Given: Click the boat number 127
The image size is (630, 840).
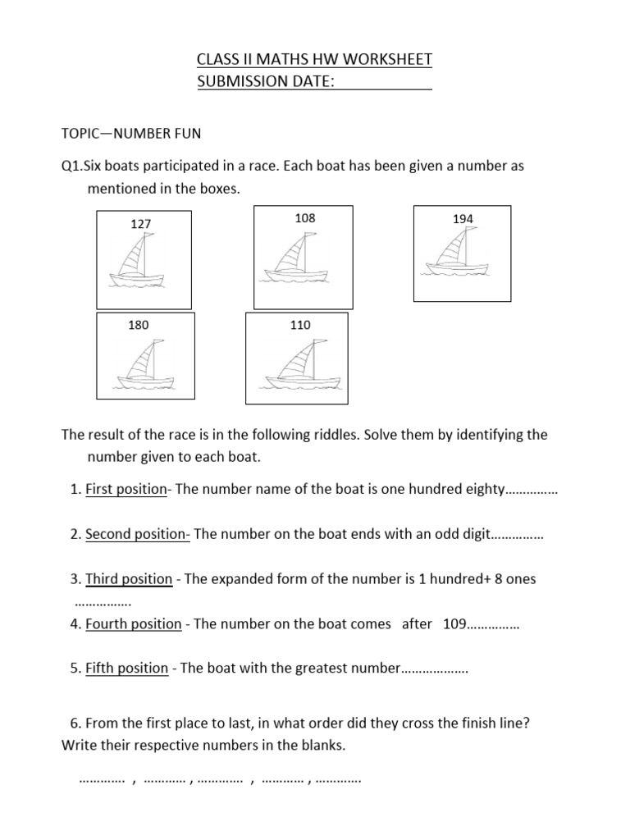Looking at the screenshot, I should tap(140, 224).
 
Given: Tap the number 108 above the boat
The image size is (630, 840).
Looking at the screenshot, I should tap(304, 218).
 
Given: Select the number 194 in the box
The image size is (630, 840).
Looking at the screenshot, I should tap(463, 219).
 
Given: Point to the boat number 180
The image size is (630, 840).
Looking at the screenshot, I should tap(139, 325).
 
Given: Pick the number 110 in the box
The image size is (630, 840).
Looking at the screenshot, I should tap(300, 325).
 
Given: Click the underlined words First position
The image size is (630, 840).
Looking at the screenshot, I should tap(126, 490).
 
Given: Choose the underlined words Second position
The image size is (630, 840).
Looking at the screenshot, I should tap(137, 534).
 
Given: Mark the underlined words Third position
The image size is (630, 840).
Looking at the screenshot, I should tap(129, 579).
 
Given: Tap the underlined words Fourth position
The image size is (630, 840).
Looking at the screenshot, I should tap(133, 623).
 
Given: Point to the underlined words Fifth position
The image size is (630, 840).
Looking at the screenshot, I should tap(126, 668).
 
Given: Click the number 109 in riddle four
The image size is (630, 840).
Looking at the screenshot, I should tap(454, 623).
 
